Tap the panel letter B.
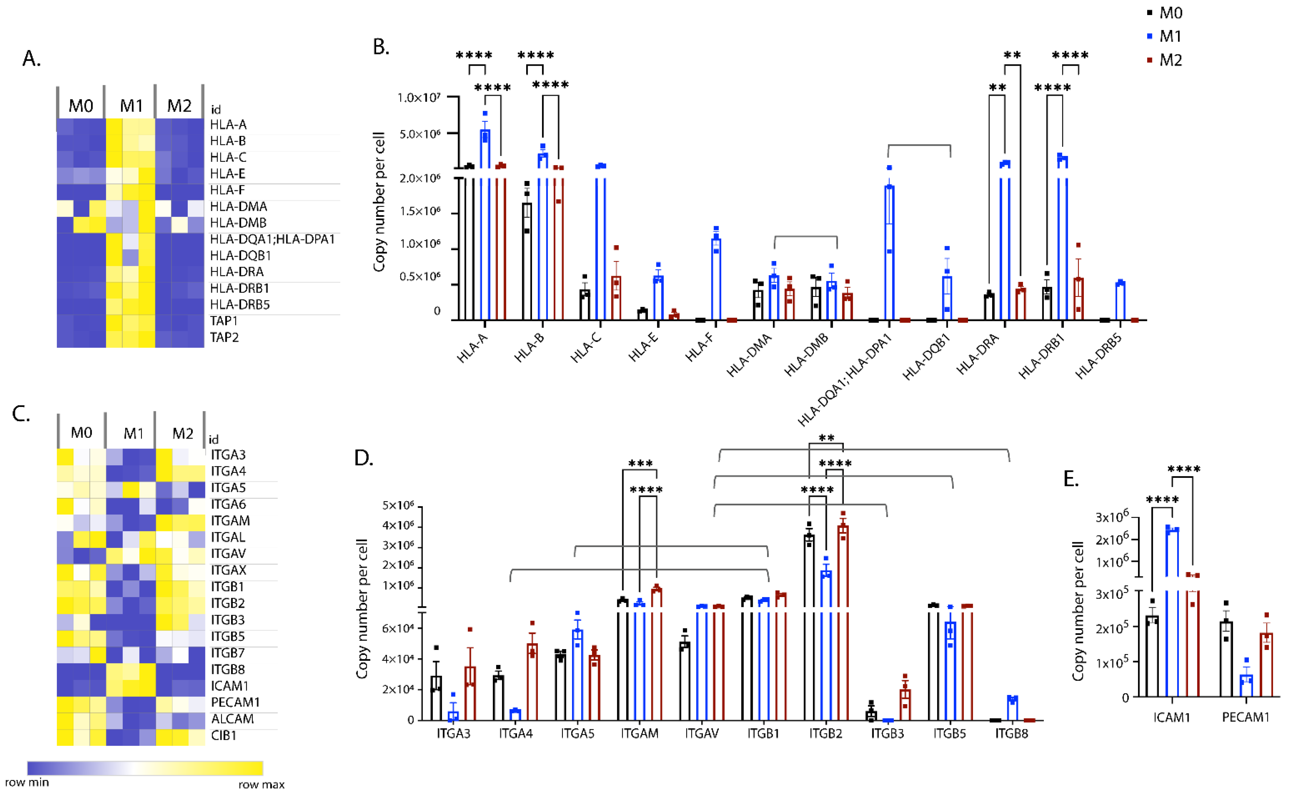pos(380,47)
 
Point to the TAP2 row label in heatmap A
pos(224,337)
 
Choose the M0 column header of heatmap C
pos(81,433)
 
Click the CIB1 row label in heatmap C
pos(224,735)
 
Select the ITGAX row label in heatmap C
pos(228,570)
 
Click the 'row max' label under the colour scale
pos(261,784)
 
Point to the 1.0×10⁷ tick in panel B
pos(419,98)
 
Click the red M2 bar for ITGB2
pos(843,623)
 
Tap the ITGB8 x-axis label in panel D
pos(1011,733)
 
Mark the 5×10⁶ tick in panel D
pos(398,506)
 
